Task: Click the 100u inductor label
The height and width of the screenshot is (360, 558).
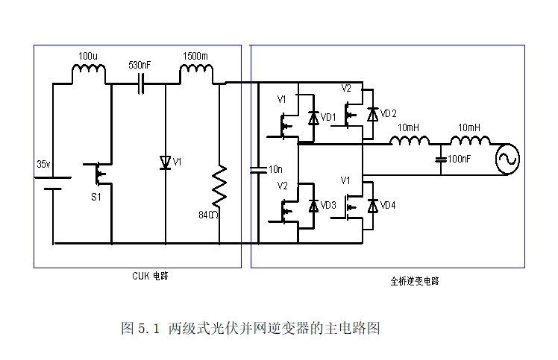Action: tap(88, 56)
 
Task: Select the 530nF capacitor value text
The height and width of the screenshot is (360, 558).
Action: tap(139, 66)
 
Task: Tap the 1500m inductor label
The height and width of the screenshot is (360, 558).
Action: tap(195, 56)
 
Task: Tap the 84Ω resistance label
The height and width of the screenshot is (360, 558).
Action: tap(208, 215)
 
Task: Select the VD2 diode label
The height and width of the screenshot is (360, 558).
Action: tap(388, 113)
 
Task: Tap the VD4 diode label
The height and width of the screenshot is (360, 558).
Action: tap(388, 205)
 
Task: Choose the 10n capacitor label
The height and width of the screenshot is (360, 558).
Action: tap(275, 170)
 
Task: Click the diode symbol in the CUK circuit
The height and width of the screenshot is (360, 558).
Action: tap(165, 162)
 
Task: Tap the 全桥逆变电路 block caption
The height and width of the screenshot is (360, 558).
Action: tap(415, 281)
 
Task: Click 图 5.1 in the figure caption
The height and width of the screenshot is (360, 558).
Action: tap(140, 328)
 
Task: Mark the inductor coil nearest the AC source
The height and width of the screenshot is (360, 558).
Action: tap(470, 142)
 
